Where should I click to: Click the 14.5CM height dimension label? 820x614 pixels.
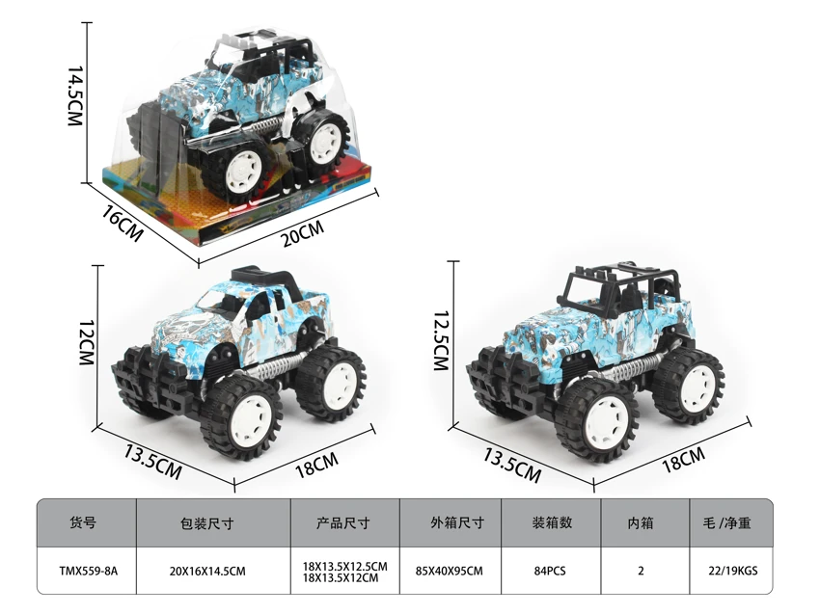point(75,96)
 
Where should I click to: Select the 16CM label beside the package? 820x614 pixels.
point(122,223)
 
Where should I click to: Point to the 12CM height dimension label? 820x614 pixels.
point(86,343)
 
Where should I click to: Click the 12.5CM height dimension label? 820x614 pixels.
point(442,340)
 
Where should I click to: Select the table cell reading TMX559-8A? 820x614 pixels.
point(89,572)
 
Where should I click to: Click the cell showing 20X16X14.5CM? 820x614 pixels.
point(207,572)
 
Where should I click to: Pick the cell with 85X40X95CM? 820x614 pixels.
point(450,572)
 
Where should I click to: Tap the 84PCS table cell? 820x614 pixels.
point(550,572)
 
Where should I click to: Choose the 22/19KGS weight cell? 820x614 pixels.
point(733,572)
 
